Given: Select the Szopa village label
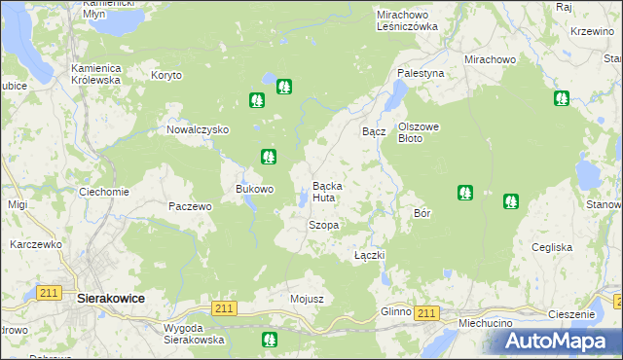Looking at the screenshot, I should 323,225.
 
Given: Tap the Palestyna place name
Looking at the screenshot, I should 421,73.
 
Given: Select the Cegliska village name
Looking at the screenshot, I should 552,247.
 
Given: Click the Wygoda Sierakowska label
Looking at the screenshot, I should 194,334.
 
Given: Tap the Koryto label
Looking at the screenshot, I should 166,75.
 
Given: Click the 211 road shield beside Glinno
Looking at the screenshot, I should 425,312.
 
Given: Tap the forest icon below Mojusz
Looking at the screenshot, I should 270,340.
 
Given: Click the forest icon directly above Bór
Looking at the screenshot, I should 465,193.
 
